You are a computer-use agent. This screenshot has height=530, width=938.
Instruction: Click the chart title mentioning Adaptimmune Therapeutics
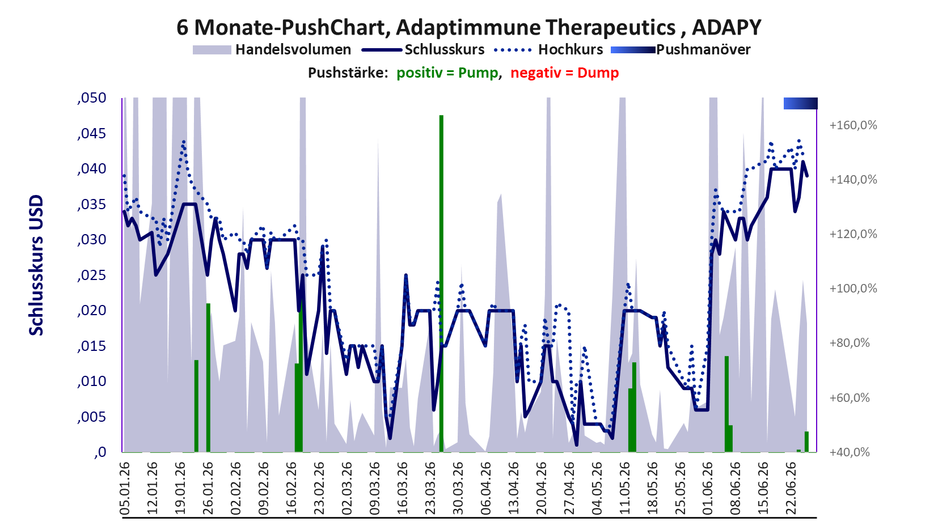point(468,27)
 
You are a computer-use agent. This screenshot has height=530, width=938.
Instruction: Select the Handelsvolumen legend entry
point(272,49)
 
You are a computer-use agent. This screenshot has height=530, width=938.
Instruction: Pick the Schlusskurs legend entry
point(423,49)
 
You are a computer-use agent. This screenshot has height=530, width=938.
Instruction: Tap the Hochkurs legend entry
point(548,49)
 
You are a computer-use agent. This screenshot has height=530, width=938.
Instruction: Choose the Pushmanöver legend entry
point(681,49)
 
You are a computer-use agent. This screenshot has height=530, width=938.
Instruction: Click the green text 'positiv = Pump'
point(447,73)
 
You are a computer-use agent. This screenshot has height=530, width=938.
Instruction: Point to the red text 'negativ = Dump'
point(564,73)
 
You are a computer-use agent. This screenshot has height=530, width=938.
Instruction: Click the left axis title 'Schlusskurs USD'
point(36,265)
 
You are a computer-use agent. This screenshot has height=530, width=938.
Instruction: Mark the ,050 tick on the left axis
point(92,99)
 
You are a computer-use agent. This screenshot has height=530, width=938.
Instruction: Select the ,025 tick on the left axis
point(92,275)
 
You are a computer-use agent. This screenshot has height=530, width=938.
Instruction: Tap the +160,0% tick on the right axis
point(853,125)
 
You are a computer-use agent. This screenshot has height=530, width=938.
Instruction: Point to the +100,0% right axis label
point(853,289)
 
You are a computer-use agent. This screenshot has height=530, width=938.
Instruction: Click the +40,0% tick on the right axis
point(850,452)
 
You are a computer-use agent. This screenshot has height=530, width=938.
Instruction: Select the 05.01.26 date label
point(124,488)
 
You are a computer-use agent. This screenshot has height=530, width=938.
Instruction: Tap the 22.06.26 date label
point(791,488)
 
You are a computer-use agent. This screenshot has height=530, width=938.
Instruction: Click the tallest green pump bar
point(441,283)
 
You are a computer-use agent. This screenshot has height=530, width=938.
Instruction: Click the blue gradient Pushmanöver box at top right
point(801,103)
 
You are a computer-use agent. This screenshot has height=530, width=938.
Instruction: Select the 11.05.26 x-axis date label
point(624,488)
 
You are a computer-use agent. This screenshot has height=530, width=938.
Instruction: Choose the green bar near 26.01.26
point(208,378)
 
